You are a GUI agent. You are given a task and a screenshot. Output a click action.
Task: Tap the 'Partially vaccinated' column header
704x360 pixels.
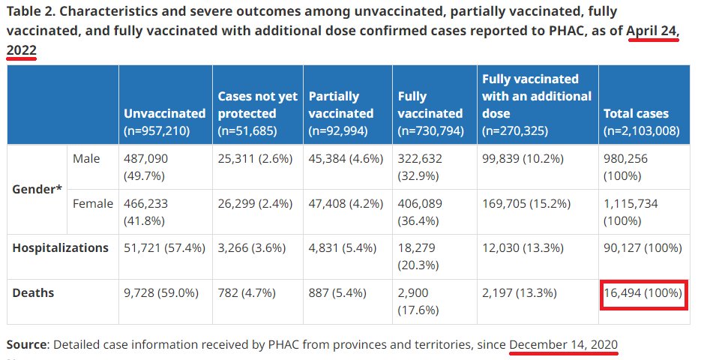[x=341, y=105]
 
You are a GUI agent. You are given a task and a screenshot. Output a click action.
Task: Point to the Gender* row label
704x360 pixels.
[x=37, y=189]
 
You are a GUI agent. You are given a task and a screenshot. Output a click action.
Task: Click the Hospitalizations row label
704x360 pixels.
[x=60, y=248]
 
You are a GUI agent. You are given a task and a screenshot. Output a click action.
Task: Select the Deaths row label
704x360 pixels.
[x=33, y=292]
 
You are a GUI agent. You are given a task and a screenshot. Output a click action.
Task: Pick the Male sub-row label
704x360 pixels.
[x=86, y=159]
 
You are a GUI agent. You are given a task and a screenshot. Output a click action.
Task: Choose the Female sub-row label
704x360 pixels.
[x=92, y=203]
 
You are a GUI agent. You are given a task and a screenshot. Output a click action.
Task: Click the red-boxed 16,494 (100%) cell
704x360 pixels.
[x=643, y=293]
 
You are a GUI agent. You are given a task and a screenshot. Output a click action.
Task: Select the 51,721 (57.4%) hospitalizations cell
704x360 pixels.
[x=164, y=248]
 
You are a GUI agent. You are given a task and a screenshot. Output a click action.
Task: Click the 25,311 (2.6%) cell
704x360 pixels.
[x=257, y=159]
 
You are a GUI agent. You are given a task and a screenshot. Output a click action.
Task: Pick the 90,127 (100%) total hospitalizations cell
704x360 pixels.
[x=643, y=248]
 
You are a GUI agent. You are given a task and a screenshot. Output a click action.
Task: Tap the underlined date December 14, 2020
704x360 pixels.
[x=563, y=344]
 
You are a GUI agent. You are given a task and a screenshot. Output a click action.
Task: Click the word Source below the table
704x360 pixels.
[x=28, y=344]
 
